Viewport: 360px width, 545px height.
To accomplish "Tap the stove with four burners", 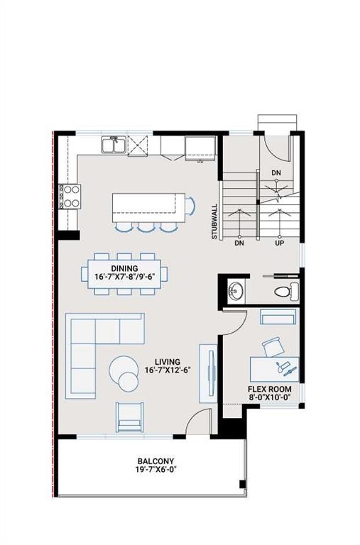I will pyautogui.click(x=72, y=195).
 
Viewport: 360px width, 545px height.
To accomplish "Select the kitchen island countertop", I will pyautogui.click(x=148, y=207).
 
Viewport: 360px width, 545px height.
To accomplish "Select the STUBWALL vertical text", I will pyautogui.click(x=214, y=222).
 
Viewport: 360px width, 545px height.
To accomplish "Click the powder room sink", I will pyautogui.click(x=234, y=290).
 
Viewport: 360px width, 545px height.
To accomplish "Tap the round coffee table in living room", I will pyautogui.click(x=125, y=372).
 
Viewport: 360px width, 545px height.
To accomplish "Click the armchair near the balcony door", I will pyautogui.click(x=129, y=417).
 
